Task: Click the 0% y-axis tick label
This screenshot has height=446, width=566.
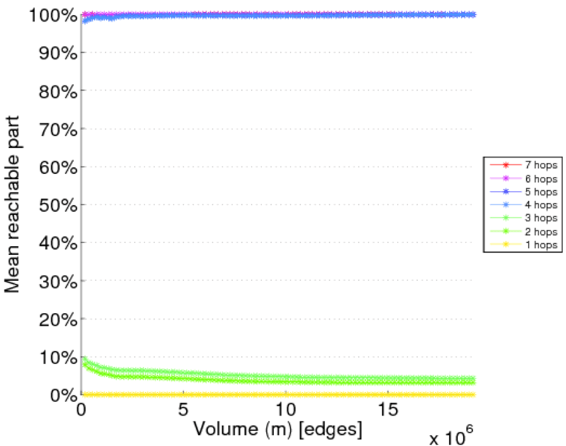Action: [x=63, y=395]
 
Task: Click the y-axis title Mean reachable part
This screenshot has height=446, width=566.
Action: [x=13, y=205]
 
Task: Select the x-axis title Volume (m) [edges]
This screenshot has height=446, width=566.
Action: [x=279, y=429]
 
